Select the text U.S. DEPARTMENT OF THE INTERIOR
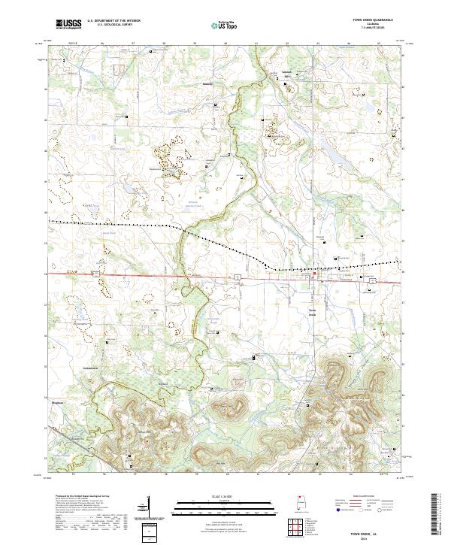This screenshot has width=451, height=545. [x=114, y=21]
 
